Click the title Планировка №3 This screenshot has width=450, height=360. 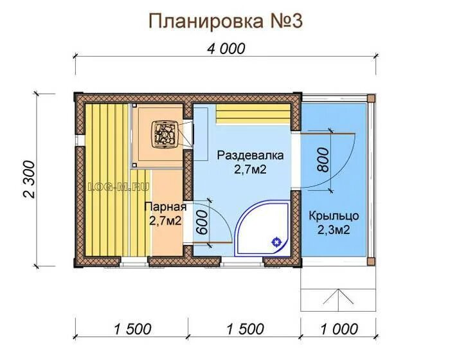[x=226, y=21]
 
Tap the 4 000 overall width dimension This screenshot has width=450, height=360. [x=226, y=49]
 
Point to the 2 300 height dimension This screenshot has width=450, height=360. [x=30, y=179]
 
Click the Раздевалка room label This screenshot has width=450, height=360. [x=250, y=156]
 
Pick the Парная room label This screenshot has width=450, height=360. [x=165, y=207]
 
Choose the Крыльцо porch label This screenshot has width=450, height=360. [x=334, y=215]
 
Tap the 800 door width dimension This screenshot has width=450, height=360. [x=323, y=159]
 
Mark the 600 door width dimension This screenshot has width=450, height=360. [x=201, y=222]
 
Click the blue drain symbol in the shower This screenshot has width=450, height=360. [x=276, y=242]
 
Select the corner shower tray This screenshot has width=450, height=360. [x=262, y=228]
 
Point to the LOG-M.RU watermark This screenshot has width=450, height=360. [x=119, y=187]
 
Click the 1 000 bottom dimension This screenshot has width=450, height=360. [x=339, y=329]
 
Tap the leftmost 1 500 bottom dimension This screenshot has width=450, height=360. [x=132, y=329]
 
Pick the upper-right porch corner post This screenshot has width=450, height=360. [x=371, y=98]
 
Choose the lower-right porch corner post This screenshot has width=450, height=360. [x=371, y=261]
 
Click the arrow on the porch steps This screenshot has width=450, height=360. [x=338, y=296]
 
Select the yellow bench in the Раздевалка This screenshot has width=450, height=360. [x=253, y=113]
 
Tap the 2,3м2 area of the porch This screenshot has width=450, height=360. [x=334, y=230]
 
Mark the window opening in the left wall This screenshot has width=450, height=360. [x=80, y=140]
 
